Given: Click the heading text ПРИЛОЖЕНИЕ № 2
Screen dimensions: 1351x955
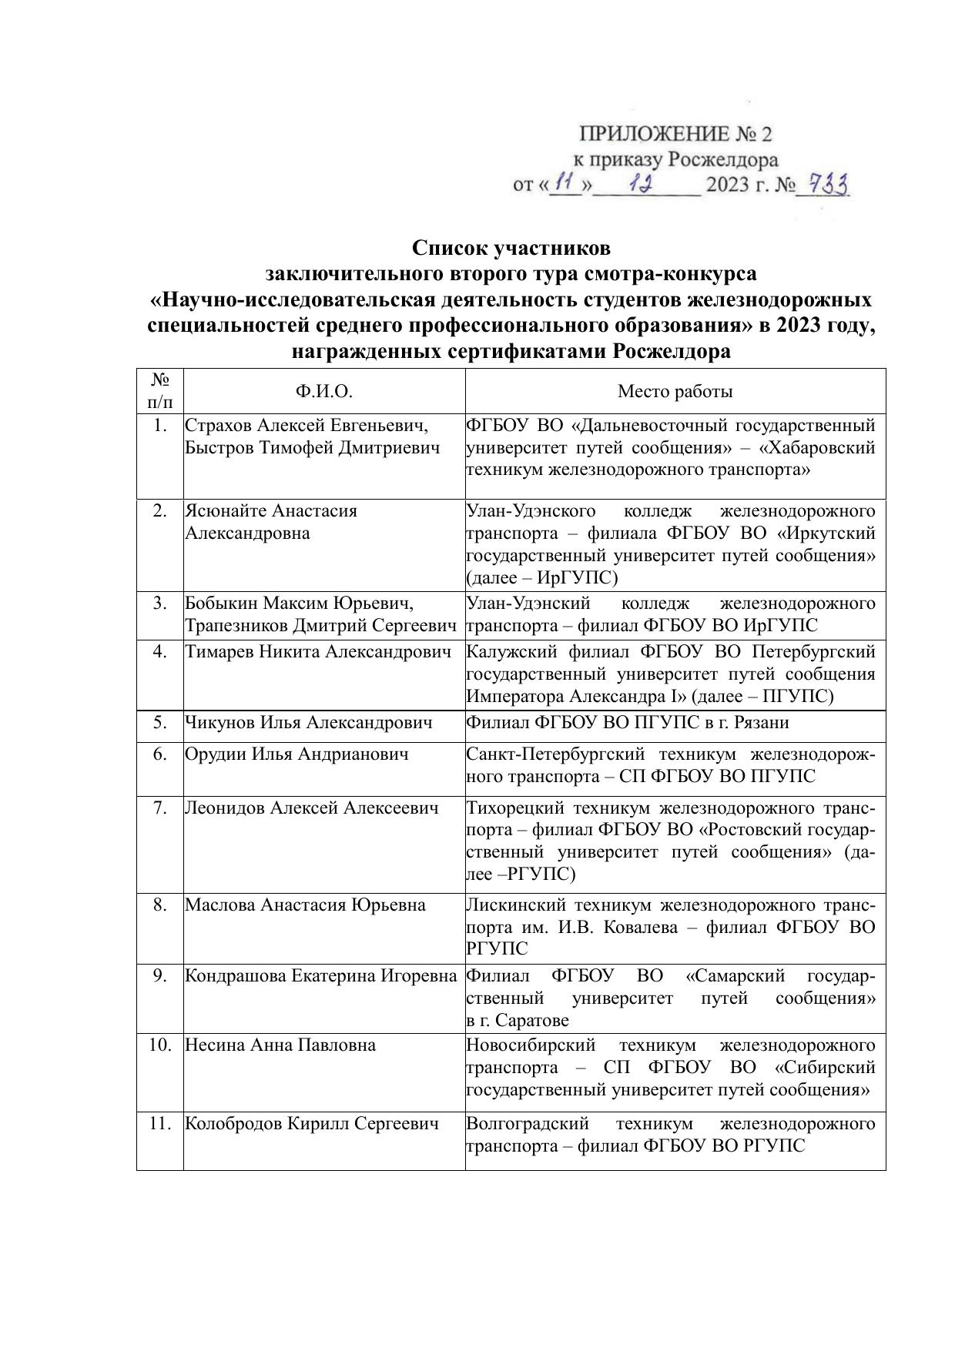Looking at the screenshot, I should pos(675,134).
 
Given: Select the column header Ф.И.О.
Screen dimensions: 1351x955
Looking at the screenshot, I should pos(323,392).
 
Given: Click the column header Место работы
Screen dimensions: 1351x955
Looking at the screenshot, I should pos(675,392).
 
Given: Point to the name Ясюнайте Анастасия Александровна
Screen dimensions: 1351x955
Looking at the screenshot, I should pos(271,522).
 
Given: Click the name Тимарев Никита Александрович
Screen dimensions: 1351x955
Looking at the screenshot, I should pos(317,652).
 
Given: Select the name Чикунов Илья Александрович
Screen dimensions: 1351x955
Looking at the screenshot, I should pos(308,723).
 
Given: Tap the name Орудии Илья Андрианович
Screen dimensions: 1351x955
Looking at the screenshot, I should pos(297,754).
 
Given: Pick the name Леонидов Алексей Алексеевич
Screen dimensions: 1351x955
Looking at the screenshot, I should pos(312,808).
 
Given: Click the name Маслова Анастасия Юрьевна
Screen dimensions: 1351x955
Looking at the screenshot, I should pos(305,905).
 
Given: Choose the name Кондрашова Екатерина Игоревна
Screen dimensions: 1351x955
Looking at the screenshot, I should pos(321,976).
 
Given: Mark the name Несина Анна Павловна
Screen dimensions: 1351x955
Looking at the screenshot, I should pos(280,1045).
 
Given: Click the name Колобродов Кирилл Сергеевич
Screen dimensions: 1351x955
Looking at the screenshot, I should pos(312,1123).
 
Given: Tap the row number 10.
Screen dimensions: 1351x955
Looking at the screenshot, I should pos(159,1045).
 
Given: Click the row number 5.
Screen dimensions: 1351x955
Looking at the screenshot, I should pos(159,723).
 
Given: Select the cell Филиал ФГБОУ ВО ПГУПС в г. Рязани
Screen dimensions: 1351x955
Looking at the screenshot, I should pos(628,723).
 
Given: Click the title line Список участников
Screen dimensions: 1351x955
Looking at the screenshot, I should pos(511,248).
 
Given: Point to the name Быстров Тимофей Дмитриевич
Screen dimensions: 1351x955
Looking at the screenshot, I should pos(313,448).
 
